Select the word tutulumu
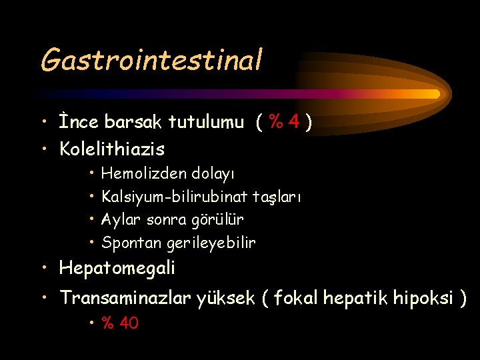click(206, 123)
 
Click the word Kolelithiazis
click(112, 148)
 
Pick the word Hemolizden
click(143, 174)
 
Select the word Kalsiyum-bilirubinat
click(175, 197)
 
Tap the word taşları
click(278, 198)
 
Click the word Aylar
click(121, 220)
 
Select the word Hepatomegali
click(117, 269)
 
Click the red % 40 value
click(120, 324)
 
